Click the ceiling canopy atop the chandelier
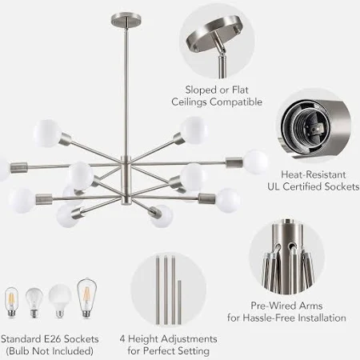pyautogui.click(x=126, y=20)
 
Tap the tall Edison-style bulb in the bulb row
pyautogui.click(x=86, y=298)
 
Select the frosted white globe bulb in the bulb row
pyautogui.click(x=60, y=301)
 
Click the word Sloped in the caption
pyautogui.click(x=198, y=90)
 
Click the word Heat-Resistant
pyautogui.click(x=314, y=174)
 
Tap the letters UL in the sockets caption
pyautogui.click(x=274, y=186)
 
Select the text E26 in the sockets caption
pyautogui.click(x=53, y=339)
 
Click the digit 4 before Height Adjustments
pyautogui.click(x=122, y=339)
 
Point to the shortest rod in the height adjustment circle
pyautogui.click(x=179, y=302)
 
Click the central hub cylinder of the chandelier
pyautogui.click(x=126, y=180)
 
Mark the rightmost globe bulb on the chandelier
pyautogui.click(x=256, y=162)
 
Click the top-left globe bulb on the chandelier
pyautogui.click(x=47, y=134)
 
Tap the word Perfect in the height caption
pyautogui.click(x=159, y=351)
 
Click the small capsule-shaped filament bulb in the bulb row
pyautogui.click(x=11, y=302)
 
